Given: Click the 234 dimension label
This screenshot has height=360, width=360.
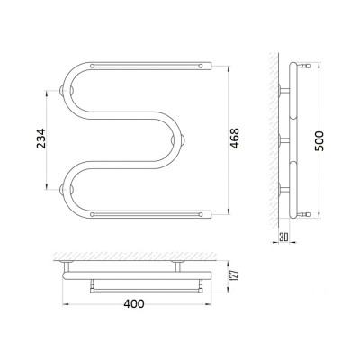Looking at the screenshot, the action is tap(40, 139).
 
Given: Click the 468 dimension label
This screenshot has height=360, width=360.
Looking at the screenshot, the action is tap(235, 139).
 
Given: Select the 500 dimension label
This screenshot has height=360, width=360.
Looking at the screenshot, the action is tap(319, 141).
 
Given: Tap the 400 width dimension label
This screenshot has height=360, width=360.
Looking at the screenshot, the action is tap(134, 304).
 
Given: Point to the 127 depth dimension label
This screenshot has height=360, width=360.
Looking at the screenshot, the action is tap(235, 274).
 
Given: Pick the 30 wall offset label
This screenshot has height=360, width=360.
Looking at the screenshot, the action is tap(283, 237).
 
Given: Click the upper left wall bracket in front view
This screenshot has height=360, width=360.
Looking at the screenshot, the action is tap(67, 90).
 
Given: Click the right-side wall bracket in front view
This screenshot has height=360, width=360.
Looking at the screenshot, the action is tap(178, 139).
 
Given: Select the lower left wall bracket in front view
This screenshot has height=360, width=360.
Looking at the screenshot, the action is tap(67, 189).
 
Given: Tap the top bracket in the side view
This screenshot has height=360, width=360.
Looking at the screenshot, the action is tap(284, 90).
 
